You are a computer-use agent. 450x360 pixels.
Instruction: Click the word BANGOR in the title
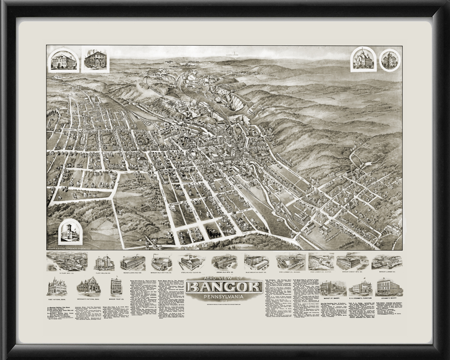point(225,287)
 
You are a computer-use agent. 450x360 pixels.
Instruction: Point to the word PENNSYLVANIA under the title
point(225,296)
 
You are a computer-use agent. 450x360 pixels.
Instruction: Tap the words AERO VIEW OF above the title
point(225,278)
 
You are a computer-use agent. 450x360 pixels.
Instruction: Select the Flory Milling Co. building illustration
point(104,262)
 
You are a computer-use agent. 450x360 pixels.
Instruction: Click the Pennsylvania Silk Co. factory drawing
point(132,262)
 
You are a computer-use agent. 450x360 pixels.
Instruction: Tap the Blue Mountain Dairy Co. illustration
point(256,262)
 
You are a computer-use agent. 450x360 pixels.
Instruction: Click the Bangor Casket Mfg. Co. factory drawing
point(350,262)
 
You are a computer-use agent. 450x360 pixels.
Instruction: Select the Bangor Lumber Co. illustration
point(386,262)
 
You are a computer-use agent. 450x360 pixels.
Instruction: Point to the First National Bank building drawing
point(57,287)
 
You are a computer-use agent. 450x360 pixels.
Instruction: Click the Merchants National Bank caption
point(88,299)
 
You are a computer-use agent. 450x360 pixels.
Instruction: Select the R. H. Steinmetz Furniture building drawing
point(360,287)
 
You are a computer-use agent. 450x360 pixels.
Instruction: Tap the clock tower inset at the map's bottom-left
point(70,231)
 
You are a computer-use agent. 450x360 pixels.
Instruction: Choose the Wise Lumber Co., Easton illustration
point(321,262)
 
